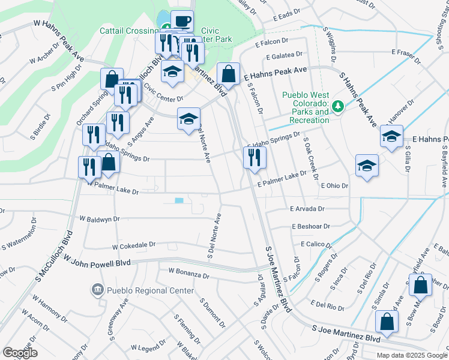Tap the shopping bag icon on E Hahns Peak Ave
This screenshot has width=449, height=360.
(228, 74)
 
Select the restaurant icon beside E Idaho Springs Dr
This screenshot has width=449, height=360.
(255, 157)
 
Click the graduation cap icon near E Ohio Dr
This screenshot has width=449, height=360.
(367, 166)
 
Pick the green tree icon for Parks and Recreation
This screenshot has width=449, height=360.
(339, 106)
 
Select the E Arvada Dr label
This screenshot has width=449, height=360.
(307, 209)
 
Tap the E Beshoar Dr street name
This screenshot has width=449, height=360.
(310, 227)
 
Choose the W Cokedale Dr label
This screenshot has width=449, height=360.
(134, 245)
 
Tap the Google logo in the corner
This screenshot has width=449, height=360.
(20, 353)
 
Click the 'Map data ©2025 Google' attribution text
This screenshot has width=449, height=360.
(411, 355)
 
